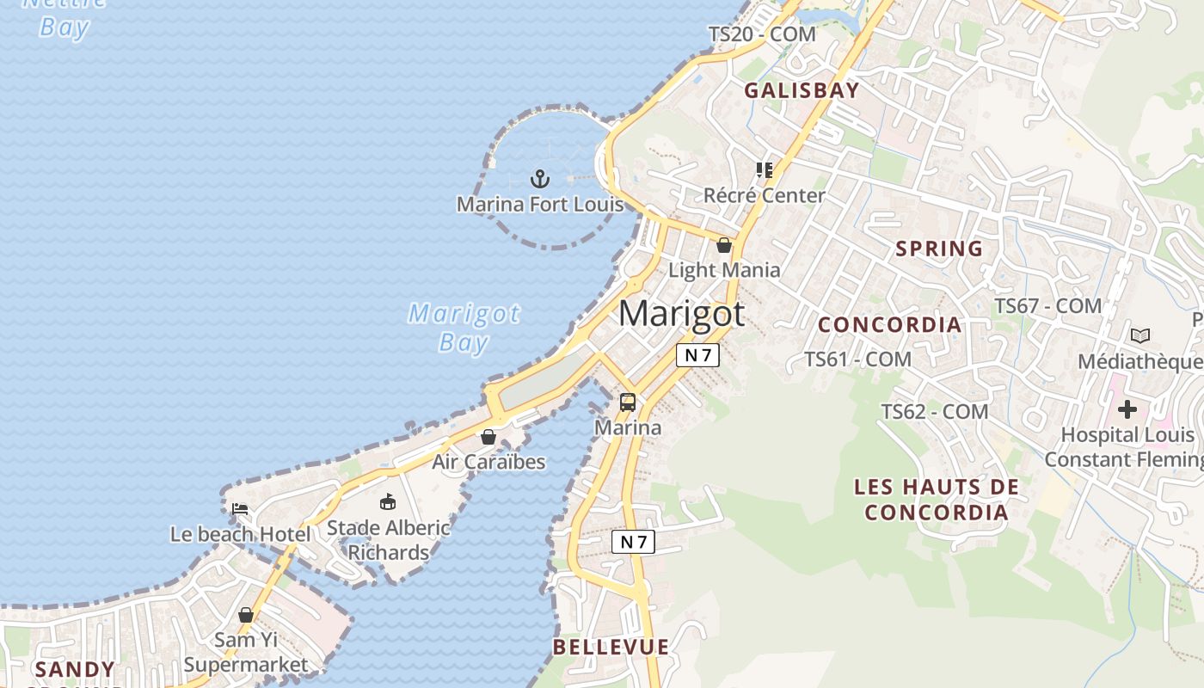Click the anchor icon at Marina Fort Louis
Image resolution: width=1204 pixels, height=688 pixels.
[x=539, y=180]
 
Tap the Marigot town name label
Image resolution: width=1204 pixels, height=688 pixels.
[x=681, y=313]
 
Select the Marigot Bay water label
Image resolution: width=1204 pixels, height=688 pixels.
[x=464, y=328]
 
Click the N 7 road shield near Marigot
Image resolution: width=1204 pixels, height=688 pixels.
[x=697, y=354]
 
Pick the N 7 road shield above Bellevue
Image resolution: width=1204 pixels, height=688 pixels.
[x=633, y=542]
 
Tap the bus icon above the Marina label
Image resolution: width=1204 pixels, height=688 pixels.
[x=628, y=402]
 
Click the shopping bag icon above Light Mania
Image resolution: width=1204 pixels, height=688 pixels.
[x=724, y=245]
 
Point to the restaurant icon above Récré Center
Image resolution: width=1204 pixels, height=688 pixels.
[x=764, y=170]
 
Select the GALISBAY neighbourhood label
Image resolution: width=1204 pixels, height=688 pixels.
[x=802, y=90]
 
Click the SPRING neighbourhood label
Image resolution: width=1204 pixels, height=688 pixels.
[x=939, y=249]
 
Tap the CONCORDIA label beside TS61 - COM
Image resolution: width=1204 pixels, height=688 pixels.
[x=889, y=324]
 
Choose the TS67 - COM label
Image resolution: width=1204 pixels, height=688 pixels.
[x=1047, y=305]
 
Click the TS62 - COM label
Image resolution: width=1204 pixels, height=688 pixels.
[x=934, y=412]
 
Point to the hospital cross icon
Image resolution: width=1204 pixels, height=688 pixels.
[x=1127, y=409]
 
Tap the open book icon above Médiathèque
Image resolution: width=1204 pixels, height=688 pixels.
[x=1140, y=335]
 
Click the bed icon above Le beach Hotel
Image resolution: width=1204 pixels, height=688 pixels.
[x=240, y=509]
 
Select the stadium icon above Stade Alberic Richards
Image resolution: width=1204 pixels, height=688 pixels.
[x=388, y=501]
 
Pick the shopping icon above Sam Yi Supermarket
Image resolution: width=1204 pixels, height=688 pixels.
[x=246, y=615]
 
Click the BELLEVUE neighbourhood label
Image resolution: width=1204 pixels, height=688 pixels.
[x=611, y=647]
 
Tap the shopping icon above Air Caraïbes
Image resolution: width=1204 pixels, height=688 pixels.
[x=488, y=437]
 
